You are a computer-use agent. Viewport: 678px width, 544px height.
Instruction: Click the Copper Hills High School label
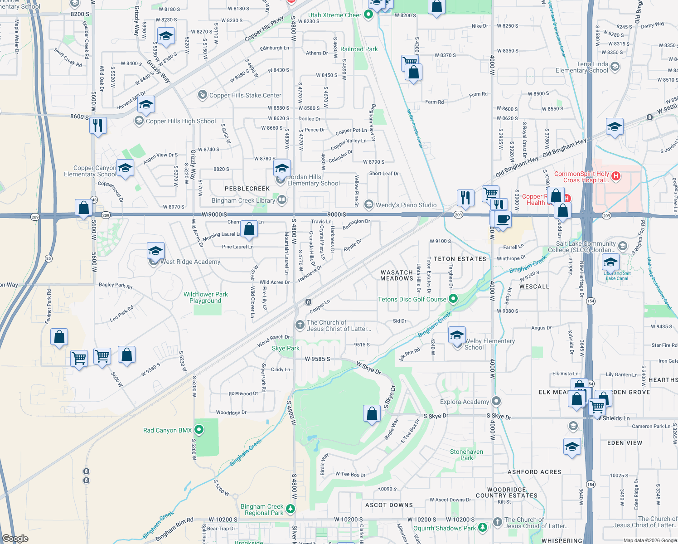181,121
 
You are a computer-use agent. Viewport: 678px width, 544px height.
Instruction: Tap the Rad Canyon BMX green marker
199,429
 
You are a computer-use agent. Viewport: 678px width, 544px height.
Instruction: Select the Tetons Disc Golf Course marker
453,299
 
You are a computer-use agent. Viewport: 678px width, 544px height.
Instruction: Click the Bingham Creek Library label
243,200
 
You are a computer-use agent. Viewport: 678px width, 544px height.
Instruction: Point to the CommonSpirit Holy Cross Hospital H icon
616,176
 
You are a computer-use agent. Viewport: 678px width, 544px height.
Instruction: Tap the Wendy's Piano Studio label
406,205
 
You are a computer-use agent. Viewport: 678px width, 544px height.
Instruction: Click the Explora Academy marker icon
496,401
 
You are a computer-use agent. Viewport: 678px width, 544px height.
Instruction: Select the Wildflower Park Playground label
206,297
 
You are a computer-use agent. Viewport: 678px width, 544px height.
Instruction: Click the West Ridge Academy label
190,262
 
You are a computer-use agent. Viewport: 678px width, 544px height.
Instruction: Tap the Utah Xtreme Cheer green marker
368,15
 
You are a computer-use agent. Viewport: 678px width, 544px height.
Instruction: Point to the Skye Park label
286,348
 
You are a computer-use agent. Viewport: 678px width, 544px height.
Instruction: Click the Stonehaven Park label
466,455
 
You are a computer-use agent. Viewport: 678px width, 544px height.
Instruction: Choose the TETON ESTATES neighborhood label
460,259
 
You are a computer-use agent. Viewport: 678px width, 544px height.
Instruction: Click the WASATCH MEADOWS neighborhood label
397,276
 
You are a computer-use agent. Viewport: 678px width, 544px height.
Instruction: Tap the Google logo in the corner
15,538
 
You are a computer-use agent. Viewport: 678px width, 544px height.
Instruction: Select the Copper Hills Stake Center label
245,95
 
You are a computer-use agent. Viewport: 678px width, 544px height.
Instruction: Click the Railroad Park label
359,49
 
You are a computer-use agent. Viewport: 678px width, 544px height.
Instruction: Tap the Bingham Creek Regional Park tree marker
291,509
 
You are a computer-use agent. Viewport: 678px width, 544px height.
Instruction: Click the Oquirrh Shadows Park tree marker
483,528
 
